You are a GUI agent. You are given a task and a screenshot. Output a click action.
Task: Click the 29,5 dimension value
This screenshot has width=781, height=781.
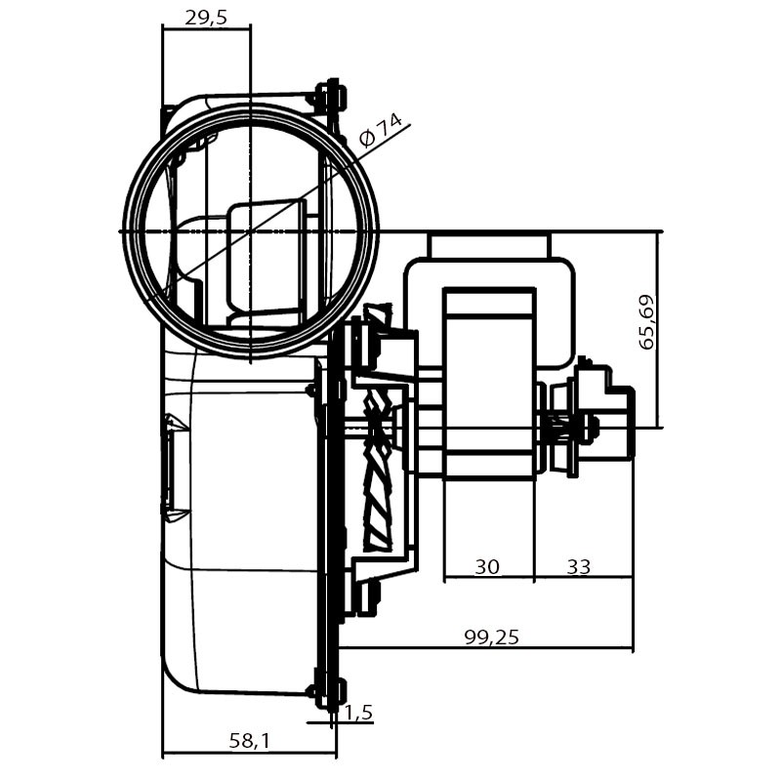point(206,18)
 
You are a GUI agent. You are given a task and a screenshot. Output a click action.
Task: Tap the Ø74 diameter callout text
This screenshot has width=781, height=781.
point(381,131)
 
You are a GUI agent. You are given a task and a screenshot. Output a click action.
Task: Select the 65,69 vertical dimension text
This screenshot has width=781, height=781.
point(647,322)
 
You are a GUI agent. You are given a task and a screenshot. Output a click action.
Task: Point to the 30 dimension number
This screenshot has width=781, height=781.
point(486,566)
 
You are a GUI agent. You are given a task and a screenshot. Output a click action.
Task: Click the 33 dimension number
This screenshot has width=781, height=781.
point(578,566)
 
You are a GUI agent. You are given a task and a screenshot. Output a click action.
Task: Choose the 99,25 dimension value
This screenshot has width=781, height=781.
point(492,637)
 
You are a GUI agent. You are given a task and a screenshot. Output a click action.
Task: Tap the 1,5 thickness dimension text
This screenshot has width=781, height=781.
point(358,713)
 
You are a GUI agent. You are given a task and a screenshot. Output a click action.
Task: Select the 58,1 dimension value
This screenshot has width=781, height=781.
point(249,741)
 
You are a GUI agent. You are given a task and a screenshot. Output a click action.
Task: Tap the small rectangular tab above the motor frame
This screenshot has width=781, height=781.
point(490,246)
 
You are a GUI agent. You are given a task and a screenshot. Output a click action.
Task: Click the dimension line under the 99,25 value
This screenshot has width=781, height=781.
point(485,648)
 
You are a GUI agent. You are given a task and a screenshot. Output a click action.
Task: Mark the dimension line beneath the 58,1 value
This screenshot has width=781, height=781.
point(250,755)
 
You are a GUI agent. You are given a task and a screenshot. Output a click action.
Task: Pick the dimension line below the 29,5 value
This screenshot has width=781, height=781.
point(207,29)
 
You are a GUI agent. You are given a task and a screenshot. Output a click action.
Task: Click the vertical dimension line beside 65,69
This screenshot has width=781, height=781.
point(658,329)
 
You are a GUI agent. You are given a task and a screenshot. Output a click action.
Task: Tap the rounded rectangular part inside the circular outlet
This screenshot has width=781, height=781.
point(266,258)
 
